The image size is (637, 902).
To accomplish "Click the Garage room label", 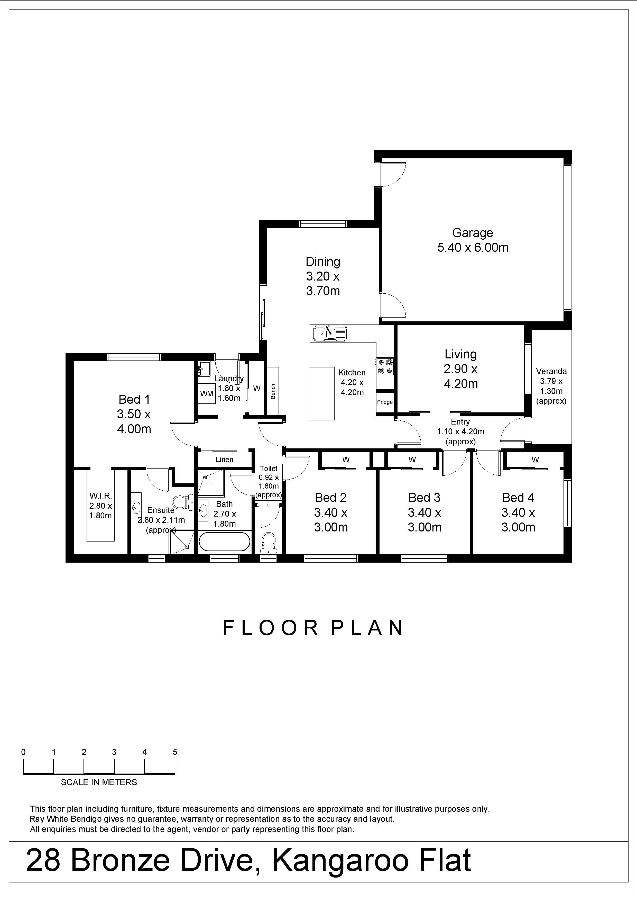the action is point(473,233).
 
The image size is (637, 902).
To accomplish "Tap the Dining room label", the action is point(323,262).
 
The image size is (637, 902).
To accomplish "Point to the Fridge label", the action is point(385,402).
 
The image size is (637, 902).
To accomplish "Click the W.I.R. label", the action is point(100,496).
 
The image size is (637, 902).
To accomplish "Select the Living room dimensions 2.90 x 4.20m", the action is point(461,376).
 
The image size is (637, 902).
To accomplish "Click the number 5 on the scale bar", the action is point(175,752).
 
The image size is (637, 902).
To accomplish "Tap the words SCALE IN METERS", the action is point(99,782).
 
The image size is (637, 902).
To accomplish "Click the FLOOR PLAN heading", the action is point(313,628).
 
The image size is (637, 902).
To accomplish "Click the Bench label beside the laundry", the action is point(273,392).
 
